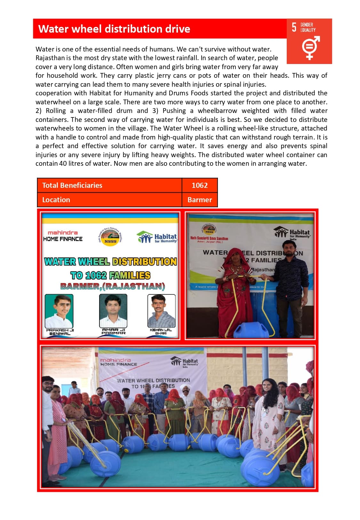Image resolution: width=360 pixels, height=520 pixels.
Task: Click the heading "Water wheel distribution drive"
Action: click(114, 29)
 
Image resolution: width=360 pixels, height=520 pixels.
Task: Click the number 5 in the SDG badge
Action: click(294, 27)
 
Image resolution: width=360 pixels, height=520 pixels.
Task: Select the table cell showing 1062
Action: click(199, 185)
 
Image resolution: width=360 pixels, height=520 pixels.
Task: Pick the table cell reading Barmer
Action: click(199, 200)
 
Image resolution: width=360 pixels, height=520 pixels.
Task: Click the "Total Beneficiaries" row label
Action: click(72, 185)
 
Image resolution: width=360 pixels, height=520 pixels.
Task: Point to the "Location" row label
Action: click(56, 200)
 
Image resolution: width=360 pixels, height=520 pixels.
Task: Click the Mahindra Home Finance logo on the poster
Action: click(63, 236)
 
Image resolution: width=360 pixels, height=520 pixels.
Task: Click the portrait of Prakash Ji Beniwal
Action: click(59, 311)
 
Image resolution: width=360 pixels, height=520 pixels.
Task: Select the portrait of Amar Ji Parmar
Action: click(113, 311)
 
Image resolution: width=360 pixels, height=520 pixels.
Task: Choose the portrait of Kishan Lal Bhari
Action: click(161, 311)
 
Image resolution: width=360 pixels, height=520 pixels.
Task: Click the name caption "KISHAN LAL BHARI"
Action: click(161, 332)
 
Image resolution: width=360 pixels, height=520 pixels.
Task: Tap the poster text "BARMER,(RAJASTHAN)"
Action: click(112, 286)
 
